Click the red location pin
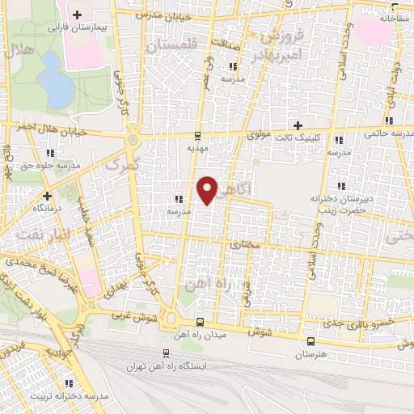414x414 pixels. click(x=208, y=188)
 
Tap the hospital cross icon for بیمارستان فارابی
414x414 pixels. click(x=77, y=15)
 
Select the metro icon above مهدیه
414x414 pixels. click(x=198, y=134)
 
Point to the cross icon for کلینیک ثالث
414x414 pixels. click(x=298, y=125)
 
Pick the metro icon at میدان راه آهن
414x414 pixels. click(x=200, y=321)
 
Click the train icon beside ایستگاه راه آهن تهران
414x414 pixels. click(x=167, y=353)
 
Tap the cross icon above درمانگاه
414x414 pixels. click(x=47, y=195)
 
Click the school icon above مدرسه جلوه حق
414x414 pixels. click(x=51, y=151)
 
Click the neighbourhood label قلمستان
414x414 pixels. click(x=171, y=48)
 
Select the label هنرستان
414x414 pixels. click(x=310, y=355)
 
